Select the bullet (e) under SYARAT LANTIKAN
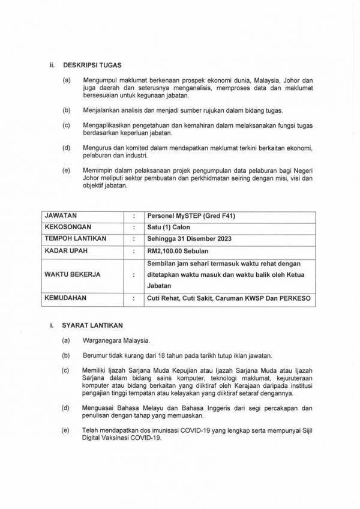click(x=65, y=430)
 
